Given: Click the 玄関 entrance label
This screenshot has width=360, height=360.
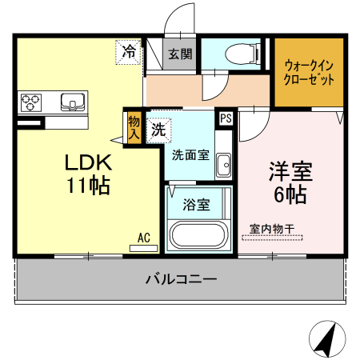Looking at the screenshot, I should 180,54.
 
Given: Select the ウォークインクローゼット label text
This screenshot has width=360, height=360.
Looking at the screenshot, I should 309,73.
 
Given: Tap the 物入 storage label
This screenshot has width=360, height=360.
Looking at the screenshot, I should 133,128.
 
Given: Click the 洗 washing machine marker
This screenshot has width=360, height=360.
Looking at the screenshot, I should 158,127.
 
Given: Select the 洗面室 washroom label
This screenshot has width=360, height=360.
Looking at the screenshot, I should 190,154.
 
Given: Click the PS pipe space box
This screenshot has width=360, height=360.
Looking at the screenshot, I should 226,118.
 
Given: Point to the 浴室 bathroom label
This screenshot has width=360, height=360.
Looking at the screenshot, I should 197,205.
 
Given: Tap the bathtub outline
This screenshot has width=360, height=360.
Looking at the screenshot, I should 197,237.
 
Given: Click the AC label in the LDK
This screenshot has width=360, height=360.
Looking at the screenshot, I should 144,238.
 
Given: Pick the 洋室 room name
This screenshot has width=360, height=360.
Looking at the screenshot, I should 290,170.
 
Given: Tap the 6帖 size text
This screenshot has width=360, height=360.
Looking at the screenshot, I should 290,194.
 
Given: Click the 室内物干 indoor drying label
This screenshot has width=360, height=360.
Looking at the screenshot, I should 271,229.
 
